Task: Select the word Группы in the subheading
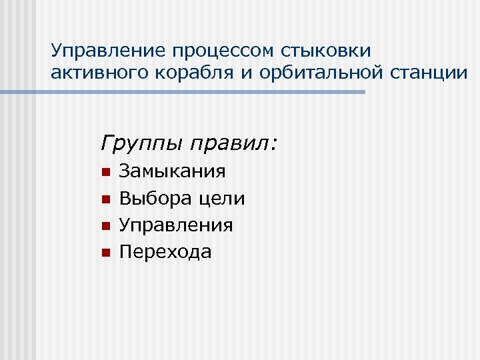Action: point(143,143)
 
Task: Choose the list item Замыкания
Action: point(172,172)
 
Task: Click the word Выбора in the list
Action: point(155,199)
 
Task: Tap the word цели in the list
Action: point(222,199)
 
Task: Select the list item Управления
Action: point(176,225)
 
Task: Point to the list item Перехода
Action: point(165,252)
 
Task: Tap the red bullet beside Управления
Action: point(104,226)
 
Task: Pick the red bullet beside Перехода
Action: point(104,253)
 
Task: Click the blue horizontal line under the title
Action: point(200,92)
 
